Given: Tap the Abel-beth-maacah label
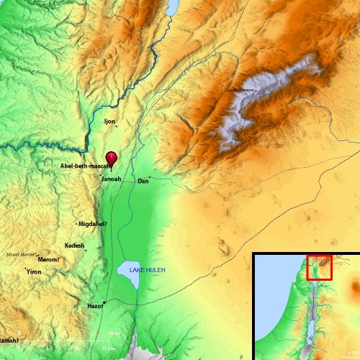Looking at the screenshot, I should click(x=84, y=166).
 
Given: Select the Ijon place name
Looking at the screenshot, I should click(x=109, y=122).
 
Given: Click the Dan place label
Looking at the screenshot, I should click(x=143, y=181).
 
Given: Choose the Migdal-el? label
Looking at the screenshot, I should click(x=94, y=224).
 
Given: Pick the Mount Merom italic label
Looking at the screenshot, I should click(x=20, y=254).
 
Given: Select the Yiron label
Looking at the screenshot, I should click(x=34, y=272).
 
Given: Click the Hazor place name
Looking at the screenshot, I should click(x=94, y=306).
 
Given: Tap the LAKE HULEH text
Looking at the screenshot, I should click(x=147, y=270).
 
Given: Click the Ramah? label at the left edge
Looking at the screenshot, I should click(x=9, y=340).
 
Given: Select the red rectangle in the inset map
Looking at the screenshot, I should click(x=319, y=266).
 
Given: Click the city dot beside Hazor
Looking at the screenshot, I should click(x=104, y=302).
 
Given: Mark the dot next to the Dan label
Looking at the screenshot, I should click(x=149, y=177).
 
